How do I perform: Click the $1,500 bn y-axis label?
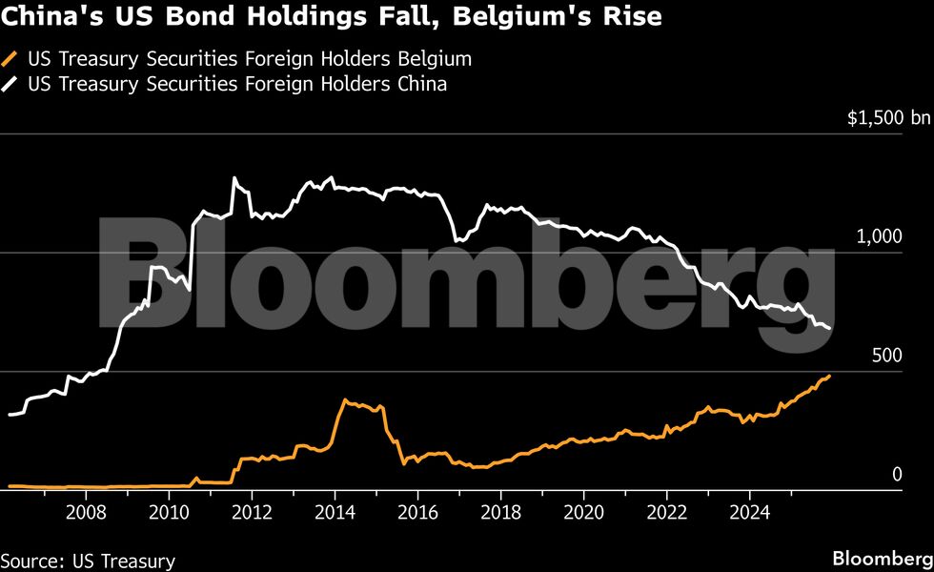point(888,118)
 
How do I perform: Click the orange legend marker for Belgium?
point(11,59)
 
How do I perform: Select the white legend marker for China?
point(11,84)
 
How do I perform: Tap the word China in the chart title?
point(38,17)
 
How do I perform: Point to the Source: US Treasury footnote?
point(88,560)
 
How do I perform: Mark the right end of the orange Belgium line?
point(830,376)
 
